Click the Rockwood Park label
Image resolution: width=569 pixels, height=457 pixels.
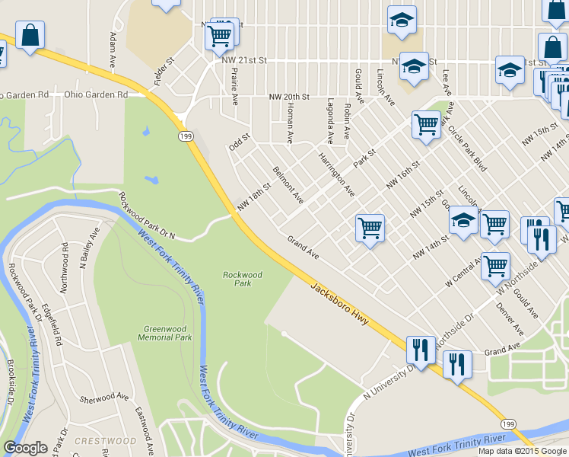point(242,279)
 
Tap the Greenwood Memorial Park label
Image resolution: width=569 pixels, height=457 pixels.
point(165,333)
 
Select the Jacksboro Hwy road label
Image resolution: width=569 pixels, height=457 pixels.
point(340,303)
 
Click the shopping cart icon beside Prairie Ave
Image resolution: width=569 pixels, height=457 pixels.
point(219,35)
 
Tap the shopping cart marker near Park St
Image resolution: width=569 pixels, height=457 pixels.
point(426,124)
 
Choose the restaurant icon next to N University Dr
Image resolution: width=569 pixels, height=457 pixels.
point(420,350)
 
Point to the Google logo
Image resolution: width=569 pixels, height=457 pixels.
point(25,448)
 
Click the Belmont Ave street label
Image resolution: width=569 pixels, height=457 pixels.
point(288,185)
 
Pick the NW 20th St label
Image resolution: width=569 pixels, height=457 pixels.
point(289,97)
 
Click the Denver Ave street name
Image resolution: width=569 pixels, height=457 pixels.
point(510,319)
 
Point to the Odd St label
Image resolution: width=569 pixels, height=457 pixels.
point(240,142)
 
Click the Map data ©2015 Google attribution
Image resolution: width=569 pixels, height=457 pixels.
point(522,451)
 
